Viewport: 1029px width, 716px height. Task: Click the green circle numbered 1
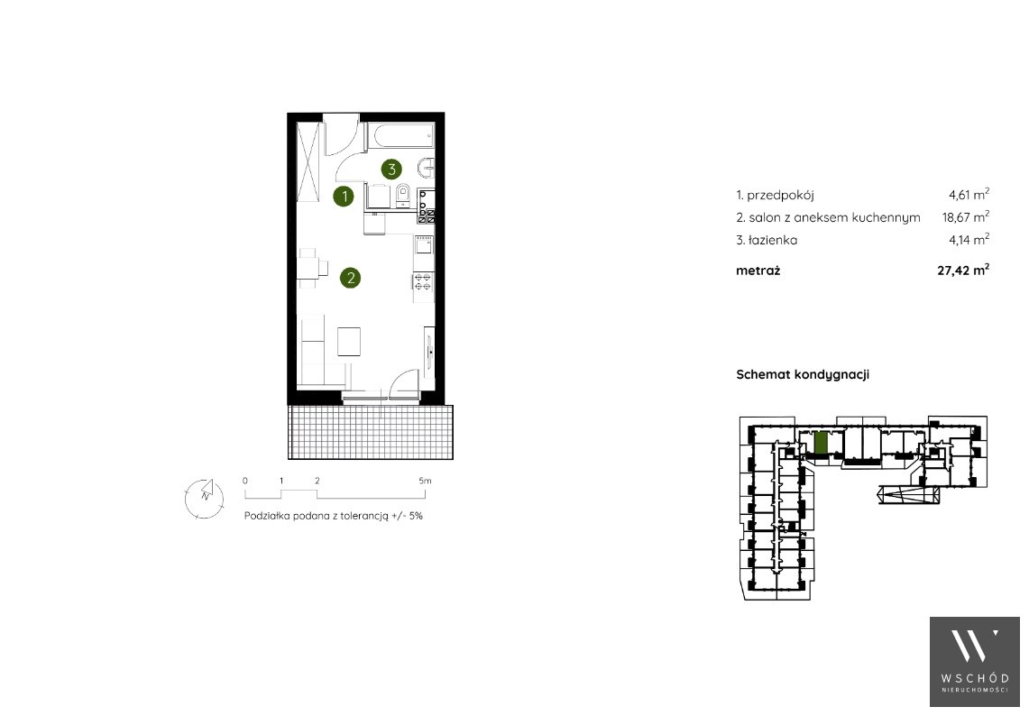click(344, 196)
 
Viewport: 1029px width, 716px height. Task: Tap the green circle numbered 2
click(351, 278)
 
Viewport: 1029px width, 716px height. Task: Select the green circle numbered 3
click(391, 170)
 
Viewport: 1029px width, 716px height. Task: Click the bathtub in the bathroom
click(400, 136)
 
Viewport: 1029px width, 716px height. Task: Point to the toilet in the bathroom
click(403, 195)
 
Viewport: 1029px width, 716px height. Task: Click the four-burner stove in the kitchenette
click(423, 280)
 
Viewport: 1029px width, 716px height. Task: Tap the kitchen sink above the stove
click(424, 244)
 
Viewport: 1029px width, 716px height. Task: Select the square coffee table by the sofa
click(349, 341)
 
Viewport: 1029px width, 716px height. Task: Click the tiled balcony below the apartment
click(370, 432)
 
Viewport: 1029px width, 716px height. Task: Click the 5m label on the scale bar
click(426, 481)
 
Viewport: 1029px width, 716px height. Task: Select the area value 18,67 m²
click(965, 216)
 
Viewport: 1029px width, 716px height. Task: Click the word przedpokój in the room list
click(780, 195)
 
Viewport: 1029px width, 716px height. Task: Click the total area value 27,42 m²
click(963, 270)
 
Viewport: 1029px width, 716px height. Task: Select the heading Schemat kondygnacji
click(803, 375)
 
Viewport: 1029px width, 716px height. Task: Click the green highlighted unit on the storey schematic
click(821, 443)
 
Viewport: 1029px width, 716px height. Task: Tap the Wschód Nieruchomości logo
click(975, 662)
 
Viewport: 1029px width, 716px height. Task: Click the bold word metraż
click(758, 271)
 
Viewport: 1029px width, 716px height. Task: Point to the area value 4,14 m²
click(969, 240)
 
